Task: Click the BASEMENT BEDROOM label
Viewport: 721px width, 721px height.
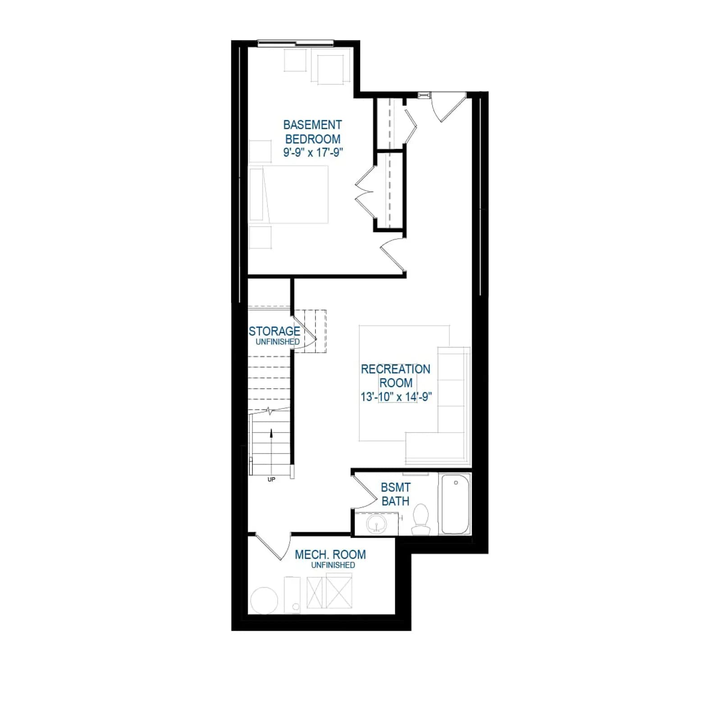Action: point(312,132)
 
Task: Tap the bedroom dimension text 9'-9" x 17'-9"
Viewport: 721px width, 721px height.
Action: point(313,152)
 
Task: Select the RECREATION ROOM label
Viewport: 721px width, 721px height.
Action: point(396,376)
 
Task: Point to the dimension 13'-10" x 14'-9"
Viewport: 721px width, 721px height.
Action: point(396,397)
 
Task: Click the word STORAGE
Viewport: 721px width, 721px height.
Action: point(274,331)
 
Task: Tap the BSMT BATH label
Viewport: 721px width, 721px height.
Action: point(396,494)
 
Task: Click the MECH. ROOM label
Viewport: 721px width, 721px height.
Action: point(330,554)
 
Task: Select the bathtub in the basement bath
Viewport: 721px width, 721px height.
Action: point(455,504)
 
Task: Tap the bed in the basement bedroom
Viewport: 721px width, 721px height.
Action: point(288,194)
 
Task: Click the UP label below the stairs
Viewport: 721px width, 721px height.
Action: point(271,479)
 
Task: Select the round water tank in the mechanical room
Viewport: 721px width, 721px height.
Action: point(264,600)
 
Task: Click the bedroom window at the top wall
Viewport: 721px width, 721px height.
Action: point(295,43)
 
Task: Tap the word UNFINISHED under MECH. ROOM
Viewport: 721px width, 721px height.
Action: point(333,565)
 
